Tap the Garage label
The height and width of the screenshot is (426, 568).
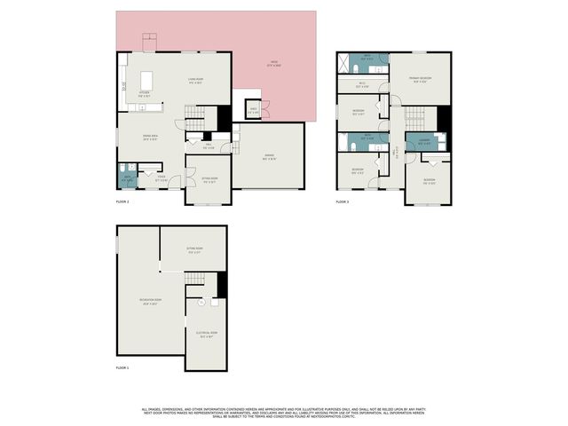(x=269, y=158)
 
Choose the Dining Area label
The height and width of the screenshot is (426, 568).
(x=150, y=137)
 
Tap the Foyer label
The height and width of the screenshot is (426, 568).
(x=162, y=180)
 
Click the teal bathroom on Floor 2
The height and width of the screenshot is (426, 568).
(x=128, y=177)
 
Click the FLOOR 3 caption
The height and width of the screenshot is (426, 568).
(x=343, y=203)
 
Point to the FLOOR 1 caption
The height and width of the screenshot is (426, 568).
(x=122, y=367)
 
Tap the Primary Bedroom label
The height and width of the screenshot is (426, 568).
(x=421, y=80)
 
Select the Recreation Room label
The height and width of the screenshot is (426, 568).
(x=150, y=301)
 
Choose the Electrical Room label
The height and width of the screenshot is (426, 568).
(x=208, y=335)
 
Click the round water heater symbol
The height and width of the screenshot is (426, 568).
(x=201, y=303)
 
